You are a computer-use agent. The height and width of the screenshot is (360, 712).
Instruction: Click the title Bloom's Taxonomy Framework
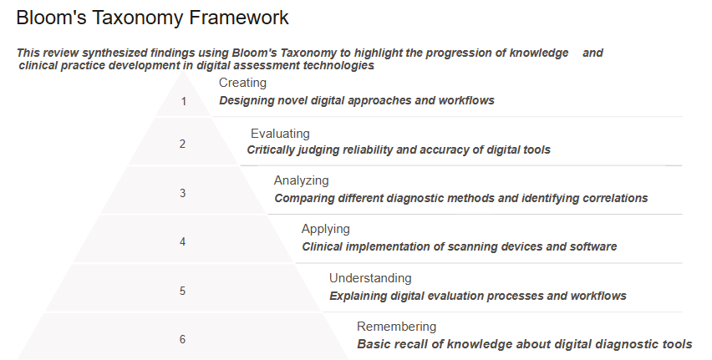[x=153, y=18]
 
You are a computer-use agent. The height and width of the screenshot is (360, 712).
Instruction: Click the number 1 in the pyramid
[x=183, y=102]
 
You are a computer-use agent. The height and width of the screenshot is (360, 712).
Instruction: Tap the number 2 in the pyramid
[x=182, y=144]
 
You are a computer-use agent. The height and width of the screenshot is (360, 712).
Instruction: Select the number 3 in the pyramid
[x=182, y=193]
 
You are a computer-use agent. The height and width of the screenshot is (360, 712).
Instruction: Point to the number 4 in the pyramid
[x=182, y=242]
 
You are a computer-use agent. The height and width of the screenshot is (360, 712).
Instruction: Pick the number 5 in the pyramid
[x=182, y=292]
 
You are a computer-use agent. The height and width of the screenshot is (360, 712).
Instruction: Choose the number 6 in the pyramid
[x=182, y=340]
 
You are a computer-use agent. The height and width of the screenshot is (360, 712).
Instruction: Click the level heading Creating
[x=242, y=83]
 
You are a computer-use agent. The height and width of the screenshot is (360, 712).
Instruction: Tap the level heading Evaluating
[x=280, y=134]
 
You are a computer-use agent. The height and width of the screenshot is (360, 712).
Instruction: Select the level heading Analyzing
[x=302, y=180]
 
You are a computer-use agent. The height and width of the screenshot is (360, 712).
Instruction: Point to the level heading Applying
[x=326, y=229]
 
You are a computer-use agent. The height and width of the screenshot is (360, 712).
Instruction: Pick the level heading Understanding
[x=370, y=278]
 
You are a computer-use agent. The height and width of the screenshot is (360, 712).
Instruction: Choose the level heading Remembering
[x=396, y=327]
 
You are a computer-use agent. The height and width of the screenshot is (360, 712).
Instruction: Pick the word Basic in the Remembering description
[x=374, y=344]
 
